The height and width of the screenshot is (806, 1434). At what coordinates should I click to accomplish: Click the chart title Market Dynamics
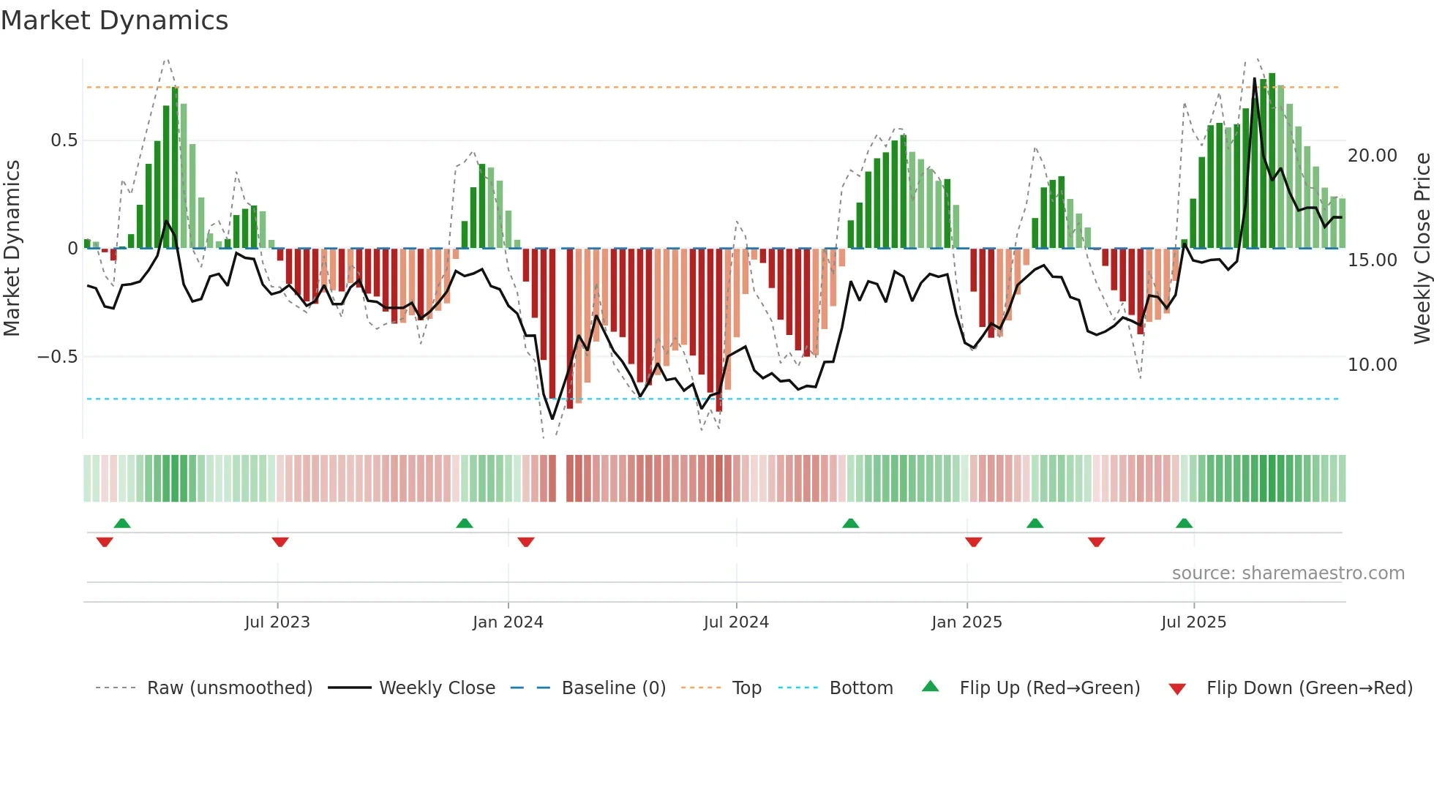pyautogui.click(x=114, y=20)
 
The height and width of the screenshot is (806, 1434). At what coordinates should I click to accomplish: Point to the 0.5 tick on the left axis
pyautogui.click(x=64, y=140)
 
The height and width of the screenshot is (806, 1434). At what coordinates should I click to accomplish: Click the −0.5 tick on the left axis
pyautogui.click(x=57, y=357)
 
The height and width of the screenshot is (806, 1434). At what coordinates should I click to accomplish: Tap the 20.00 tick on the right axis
pyautogui.click(x=1373, y=156)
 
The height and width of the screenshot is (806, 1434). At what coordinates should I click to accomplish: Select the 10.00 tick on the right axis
pyautogui.click(x=1373, y=365)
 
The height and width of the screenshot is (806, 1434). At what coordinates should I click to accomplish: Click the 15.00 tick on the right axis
pyautogui.click(x=1373, y=260)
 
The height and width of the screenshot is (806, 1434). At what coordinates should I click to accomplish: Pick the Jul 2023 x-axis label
pyautogui.click(x=277, y=622)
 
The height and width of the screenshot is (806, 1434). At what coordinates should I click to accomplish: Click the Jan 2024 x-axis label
pyautogui.click(x=508, y=622)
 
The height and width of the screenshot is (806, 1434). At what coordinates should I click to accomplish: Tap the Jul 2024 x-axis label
pyautogui.click(x=736, y=622)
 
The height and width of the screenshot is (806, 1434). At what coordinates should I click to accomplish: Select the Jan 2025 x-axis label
pyautogui.click(x=966, y=622)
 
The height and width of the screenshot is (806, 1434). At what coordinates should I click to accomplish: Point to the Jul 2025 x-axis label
pyautogui.click(x=1193, y=622)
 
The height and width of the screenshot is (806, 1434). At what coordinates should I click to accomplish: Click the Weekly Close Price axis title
pyautogui.click(x=1422, y=248)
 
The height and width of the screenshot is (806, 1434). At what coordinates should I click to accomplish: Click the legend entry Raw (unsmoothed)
pyautogui.click(x=229, y=688)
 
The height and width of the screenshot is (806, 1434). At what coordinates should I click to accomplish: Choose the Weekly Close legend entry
pyautogui.click(x=437, y=688)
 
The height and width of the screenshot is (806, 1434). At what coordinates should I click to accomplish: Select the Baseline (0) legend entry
pyautogui.click(x=613, y=688)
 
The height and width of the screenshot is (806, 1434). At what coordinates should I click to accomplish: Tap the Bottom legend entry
pyautogui.click(x=860, y=688)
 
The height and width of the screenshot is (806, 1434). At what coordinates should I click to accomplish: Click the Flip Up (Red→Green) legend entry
pyautogui.click(x=1049, y=688)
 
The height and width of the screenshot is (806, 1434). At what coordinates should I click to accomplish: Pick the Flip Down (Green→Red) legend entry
pyautogui.click(x=1309, y=688)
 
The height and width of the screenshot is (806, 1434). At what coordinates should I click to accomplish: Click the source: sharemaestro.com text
pyautogui.click(x=1288, y=573)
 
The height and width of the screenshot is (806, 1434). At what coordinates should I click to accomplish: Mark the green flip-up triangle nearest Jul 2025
pyautogui.click(x=1184, y=523)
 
